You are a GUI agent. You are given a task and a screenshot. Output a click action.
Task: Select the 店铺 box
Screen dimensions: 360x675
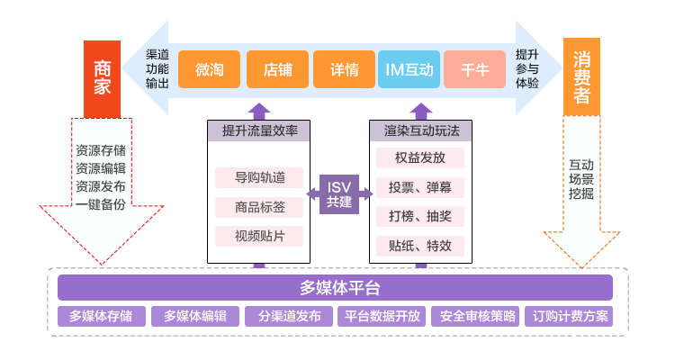click(277, 69)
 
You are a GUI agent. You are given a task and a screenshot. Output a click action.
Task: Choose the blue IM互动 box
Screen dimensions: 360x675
click(409, 69)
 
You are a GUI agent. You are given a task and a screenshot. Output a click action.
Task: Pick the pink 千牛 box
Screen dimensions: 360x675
click(474, 69)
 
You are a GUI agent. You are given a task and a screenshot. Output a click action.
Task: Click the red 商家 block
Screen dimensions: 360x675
click(102, 78)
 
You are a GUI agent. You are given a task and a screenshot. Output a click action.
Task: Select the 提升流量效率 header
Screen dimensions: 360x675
click(259, 131)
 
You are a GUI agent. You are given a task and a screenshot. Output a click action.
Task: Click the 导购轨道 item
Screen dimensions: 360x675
click(259, 177)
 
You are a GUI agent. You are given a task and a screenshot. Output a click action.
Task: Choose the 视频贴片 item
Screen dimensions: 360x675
click(259, 236)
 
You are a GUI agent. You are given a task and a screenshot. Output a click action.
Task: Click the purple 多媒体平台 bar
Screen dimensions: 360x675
click(335, 288)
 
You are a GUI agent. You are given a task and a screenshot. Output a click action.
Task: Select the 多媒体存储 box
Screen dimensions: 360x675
click(100, 317)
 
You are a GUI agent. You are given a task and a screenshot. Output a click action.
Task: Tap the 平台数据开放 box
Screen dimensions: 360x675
click(382, 317)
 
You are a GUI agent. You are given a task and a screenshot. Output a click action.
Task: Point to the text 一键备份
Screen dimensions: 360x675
click(101, 203)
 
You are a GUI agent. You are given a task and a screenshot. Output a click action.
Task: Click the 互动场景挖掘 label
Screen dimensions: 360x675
click(581, 179)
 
